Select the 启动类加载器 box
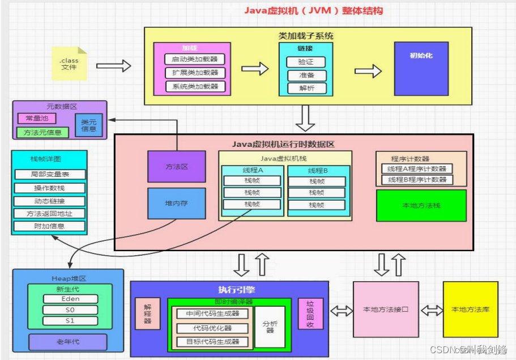195,59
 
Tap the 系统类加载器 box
195,86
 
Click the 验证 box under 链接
306,62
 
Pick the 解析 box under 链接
306,88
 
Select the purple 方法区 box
176,167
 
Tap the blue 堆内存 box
176,203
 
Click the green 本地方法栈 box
421,205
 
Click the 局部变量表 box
49,175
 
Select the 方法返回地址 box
49,214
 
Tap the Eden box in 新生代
70,299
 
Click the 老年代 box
67,342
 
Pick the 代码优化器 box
212,328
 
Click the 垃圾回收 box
310,314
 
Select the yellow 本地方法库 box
470,310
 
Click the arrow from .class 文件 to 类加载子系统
113,66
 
